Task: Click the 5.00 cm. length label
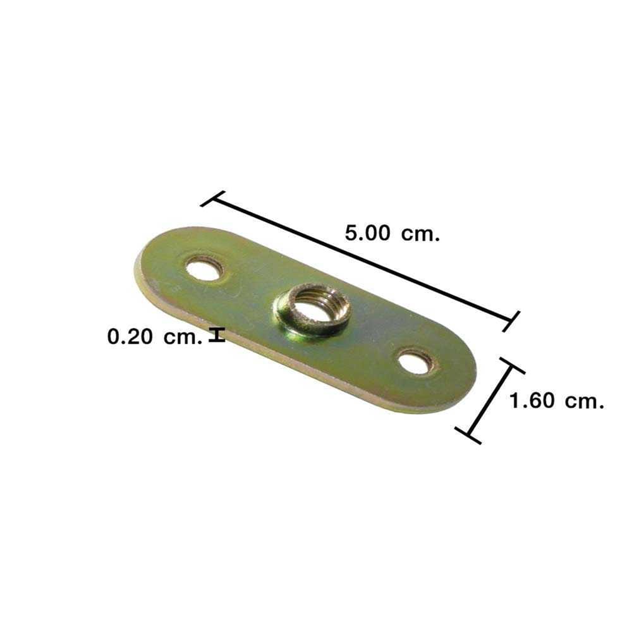click(x=392, y=233)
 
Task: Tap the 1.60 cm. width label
click(x=557, y=401)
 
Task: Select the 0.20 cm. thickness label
click(x=154, y=337)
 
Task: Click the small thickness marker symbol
click(x=217, y=336)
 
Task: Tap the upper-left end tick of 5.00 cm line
click(x=213, y=198)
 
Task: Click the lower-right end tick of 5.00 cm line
click(x=511, y=322)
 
